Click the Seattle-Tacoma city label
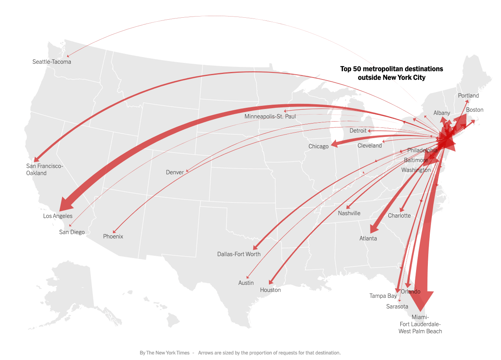[x=52, y=62]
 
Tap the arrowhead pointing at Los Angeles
[x=65, y=205]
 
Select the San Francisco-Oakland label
[x=44, y=170]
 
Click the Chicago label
[x=318, y=146]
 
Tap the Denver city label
[x=175, y=172]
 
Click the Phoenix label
[x=113, y=236]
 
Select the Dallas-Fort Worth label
[x=239, y=254]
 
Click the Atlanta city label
[x=368, y=238]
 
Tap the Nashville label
[x=349, y=213]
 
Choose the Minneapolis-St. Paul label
[x=270, y=116]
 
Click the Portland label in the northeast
[x=468, y=96]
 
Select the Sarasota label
[x=397, y=306]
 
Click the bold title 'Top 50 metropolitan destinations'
[x=391, y=69]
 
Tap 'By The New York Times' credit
[x=164, y=353]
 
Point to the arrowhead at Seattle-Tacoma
[x=68, y=56]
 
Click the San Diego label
[x=72, y=232]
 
